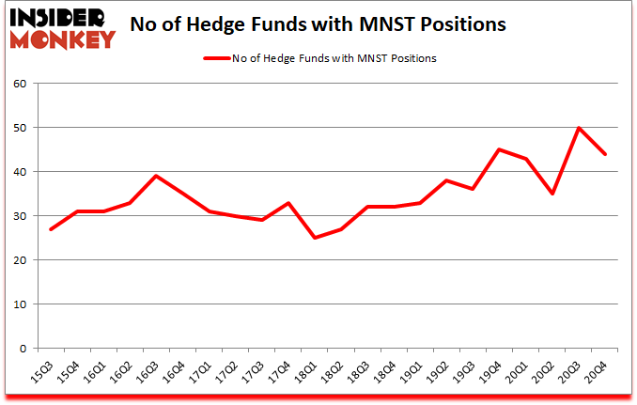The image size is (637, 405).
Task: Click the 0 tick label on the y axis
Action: coord(22,349)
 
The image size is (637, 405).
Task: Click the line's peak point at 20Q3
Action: coord(579,128)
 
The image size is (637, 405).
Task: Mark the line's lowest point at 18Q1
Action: coord(315,238)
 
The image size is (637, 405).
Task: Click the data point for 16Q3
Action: coord(156,176)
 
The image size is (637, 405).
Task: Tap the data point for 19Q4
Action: coord(500,149)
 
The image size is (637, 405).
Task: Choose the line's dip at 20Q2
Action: coord(552,194)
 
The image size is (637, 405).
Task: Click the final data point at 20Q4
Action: coord(605,154)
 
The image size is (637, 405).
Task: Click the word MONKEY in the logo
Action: coord(64,39)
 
